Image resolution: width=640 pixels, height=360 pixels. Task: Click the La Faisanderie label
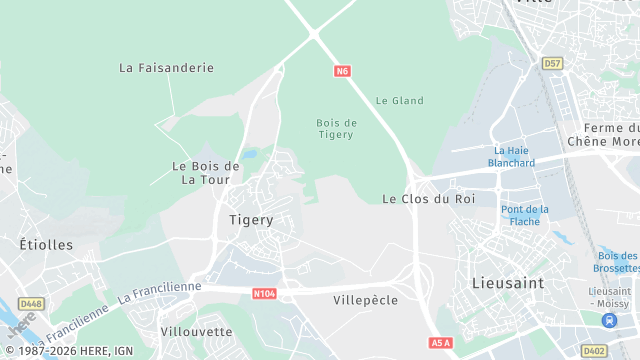[166, 68]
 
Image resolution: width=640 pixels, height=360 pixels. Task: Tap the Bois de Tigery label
[335, 128]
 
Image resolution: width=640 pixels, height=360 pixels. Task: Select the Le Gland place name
[399, 100]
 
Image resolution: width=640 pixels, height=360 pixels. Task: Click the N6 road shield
[343, 71]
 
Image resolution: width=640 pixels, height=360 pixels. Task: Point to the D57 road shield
[552, 63]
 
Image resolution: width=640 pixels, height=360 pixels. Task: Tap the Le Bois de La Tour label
[206, 172]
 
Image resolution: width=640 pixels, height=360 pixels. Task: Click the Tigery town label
[251, 219]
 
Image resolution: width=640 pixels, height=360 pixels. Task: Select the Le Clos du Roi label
[429, 199]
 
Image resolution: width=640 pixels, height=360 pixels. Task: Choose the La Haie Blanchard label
[512, 156]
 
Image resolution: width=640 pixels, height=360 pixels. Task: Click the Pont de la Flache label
[525, 215]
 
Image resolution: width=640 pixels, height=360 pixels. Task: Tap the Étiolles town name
[46, 244]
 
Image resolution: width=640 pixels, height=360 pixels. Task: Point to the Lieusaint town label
[507, 283]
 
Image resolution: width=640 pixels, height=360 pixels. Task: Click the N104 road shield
[264, 293]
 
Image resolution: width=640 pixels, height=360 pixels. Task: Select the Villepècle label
[365, 300]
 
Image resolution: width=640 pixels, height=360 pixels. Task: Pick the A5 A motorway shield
[441, 343]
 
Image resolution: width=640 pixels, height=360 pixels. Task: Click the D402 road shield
[594, 350]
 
